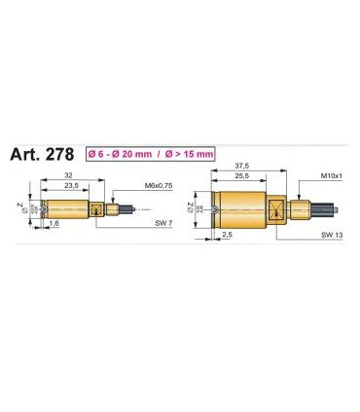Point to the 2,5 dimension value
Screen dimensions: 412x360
tap(226, 235)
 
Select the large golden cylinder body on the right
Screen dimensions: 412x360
tap(240, 206)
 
